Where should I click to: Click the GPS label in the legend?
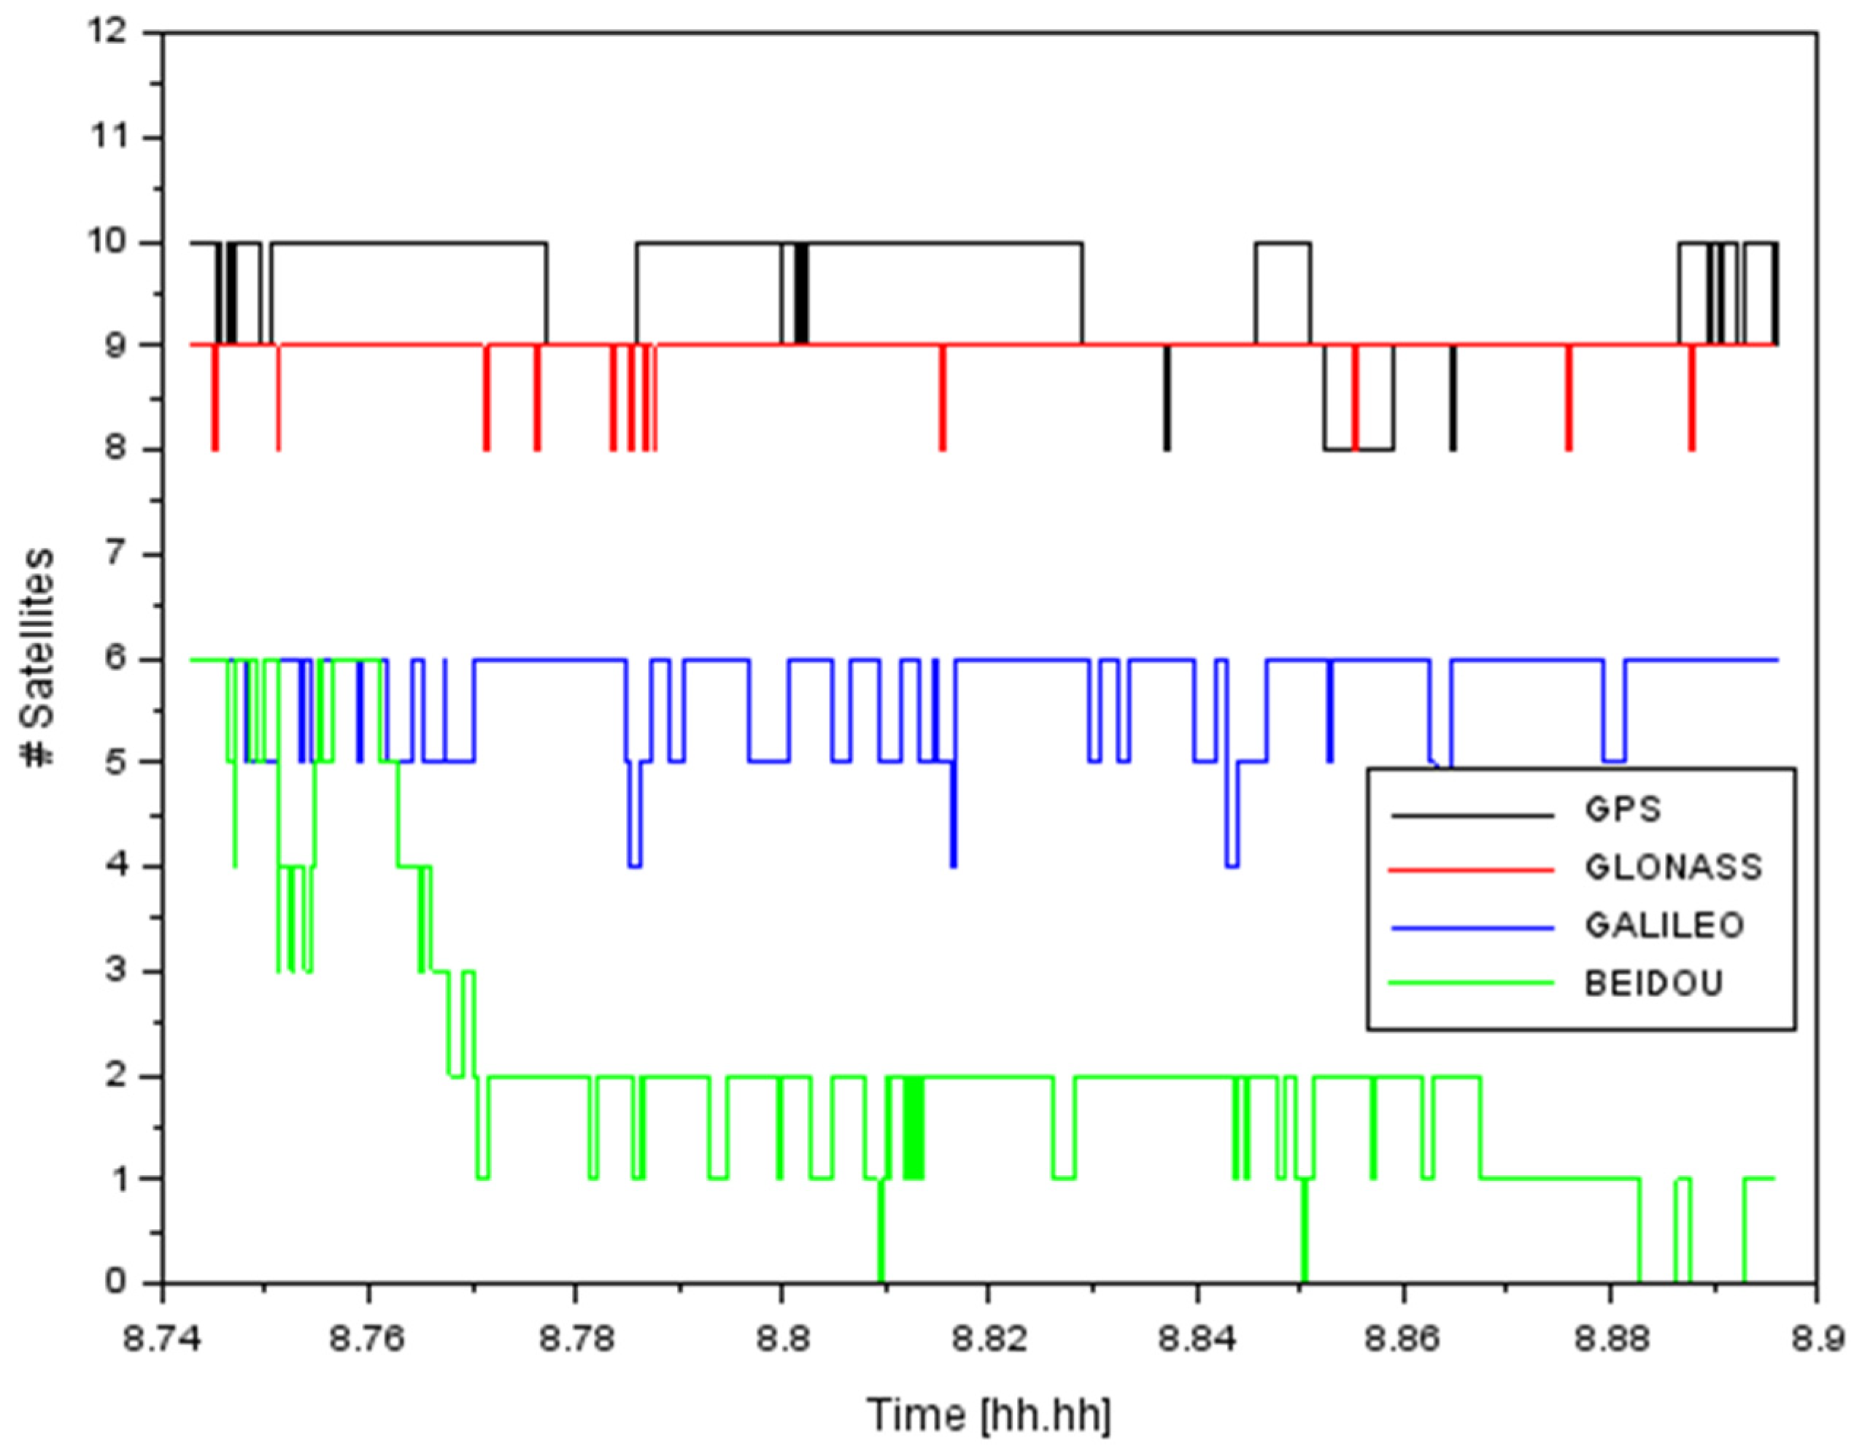coord(1621,809)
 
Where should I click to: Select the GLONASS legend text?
coord(1672,867)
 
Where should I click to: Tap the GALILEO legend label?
coord(1663,926)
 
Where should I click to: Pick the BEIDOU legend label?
coord(1653,983)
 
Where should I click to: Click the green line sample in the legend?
coord(1472,983)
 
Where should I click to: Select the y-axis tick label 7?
coord(118,554)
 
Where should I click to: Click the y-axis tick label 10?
coord(109,242)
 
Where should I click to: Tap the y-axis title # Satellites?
coord(38,656)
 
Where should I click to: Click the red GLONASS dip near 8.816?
coord(942,400)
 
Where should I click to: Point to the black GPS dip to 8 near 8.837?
coord(1167,400)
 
